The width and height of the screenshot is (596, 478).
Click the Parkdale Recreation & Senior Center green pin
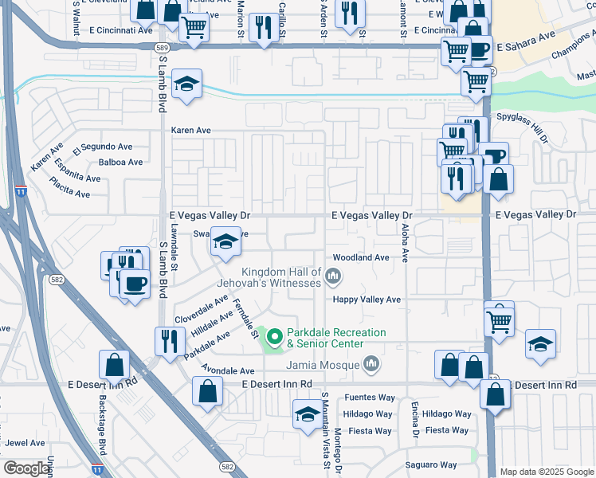pos(276,338)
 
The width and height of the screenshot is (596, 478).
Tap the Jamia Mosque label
pos(328,365)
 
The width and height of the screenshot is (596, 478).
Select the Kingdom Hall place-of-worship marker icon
pos(333,277)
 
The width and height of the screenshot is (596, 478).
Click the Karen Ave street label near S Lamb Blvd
pos(191,130)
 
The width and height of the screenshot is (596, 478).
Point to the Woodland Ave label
pos(361,257)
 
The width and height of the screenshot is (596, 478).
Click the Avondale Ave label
pos(228,371)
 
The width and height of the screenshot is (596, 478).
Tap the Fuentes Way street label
pos(370,398)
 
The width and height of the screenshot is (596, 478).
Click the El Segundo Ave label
pos(103,147)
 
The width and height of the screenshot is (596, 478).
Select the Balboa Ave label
pos(120,162)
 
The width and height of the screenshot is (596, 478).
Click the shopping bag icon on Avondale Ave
pos(208,392)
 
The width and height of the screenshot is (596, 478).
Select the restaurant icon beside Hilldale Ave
pos(169,342)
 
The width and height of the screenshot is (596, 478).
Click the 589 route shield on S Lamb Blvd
pos(162,48)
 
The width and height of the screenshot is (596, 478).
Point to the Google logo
pos(25,468)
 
